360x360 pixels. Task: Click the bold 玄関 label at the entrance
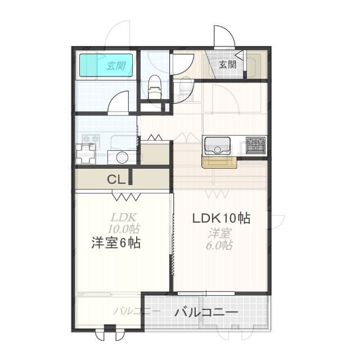coord(227,65)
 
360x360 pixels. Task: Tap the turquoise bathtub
coord(106,65)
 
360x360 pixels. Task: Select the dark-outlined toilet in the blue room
coord(155,87)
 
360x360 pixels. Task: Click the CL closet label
coord(116,179)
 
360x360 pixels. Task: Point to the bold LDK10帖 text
coord(221,218)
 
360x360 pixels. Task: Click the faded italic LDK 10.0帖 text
coord(124,223)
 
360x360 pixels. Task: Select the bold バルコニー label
coord(206,313)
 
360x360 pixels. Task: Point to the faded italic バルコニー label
coord(137,311)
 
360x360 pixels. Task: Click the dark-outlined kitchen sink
coord(218,146)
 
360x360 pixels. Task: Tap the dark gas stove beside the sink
coord(255,145)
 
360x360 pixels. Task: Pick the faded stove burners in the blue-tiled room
coord(91,139)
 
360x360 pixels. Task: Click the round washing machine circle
coord(122,157)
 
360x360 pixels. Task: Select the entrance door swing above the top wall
coord(224,37)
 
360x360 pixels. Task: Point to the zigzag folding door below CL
coord(126,196)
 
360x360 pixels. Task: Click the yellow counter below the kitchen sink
coord(219,162)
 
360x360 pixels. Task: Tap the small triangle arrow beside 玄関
coord(240,56)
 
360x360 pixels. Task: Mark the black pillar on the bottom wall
coord(110,327)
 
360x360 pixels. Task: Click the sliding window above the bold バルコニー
coord(206,294)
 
